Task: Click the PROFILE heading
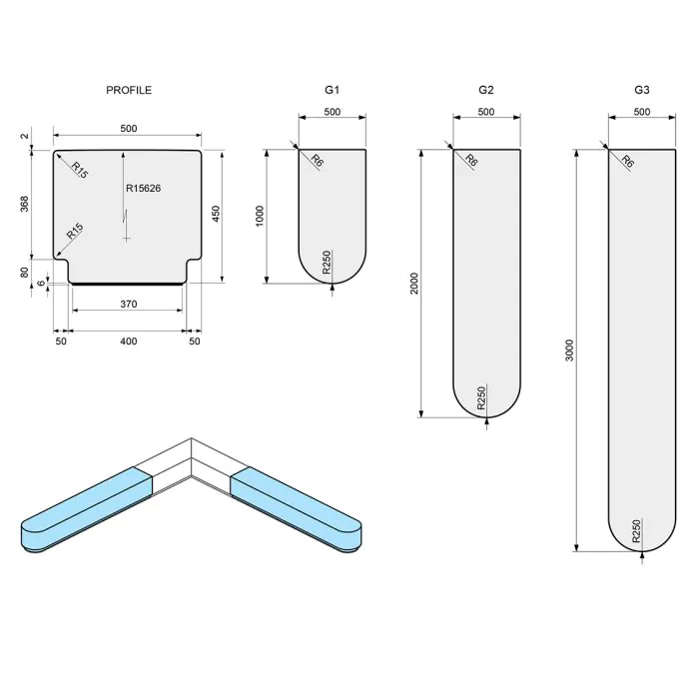(129, 90)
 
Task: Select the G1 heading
(332, 90)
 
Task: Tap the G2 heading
(486, 90)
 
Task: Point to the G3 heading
(642, 90)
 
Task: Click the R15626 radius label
(144, 188)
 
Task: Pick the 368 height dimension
(24, 204)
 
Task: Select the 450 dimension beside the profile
(215, 215)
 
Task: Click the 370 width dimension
(127, 304)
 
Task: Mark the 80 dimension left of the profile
(24, 271)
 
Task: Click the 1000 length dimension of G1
(260, 217)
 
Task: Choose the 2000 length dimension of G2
(414, 284)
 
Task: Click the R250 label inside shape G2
(481, 398)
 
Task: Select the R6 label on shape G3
(627, 161)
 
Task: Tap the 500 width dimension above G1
(332, 112)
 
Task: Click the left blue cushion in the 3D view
(85, 512)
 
